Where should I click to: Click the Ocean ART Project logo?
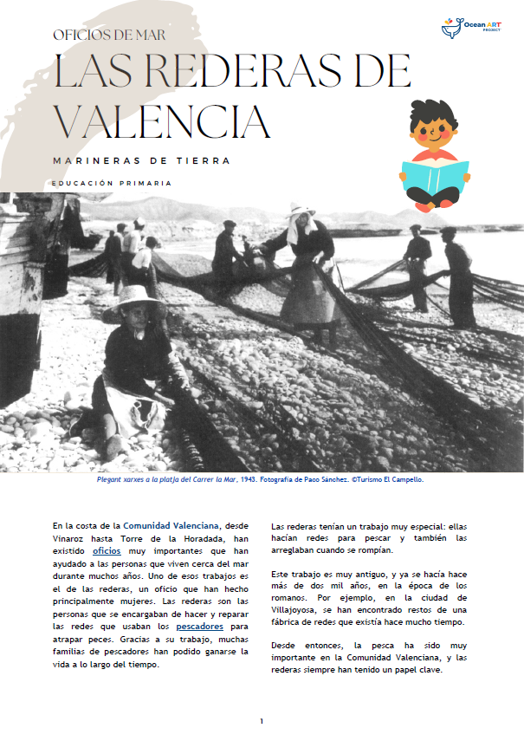473,27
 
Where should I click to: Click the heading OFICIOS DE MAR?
110,36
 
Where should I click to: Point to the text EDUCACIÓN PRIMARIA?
112,184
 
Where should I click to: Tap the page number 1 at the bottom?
262,721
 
